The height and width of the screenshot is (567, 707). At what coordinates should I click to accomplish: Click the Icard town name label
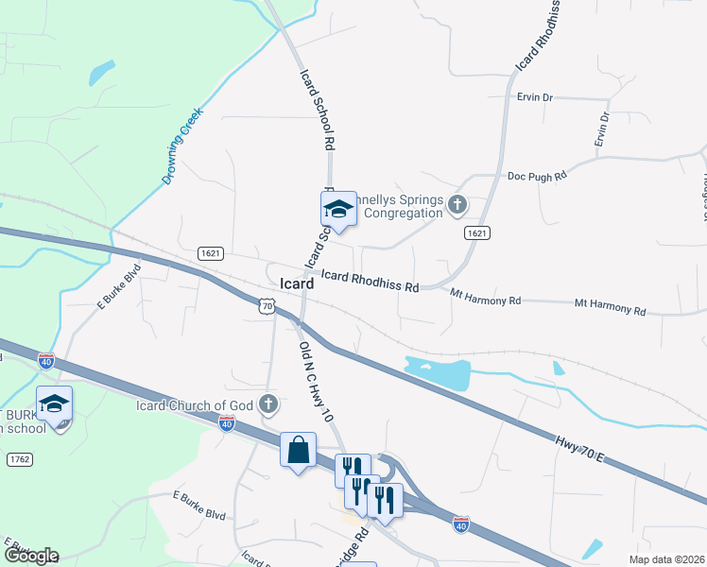click(298, 283)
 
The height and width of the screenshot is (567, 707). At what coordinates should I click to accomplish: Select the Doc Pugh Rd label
click(536, 176)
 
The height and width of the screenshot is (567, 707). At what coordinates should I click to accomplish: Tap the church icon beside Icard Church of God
click(269, 404)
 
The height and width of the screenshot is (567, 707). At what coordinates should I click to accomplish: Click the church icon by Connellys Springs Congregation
click(457, 204)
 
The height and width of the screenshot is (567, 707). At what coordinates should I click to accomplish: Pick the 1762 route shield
click(19, 459)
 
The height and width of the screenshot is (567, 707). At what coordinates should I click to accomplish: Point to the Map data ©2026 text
click(666, 559)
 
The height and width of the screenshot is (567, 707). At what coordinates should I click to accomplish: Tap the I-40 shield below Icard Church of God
click(227, 424)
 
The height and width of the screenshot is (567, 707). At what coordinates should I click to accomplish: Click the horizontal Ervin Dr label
click(535, 96)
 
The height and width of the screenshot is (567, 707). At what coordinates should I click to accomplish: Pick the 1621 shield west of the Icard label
click(210, 253)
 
